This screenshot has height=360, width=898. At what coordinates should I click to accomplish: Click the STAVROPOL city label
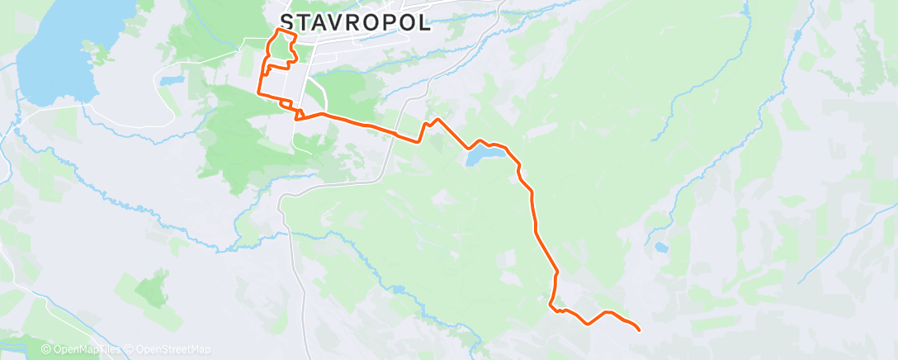tap(355, 22)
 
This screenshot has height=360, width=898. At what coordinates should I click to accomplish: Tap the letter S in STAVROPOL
tap(287, 22)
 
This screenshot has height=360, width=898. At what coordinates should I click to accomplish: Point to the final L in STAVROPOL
tap(423, 22)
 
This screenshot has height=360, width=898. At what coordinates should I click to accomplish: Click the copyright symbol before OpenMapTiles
tap(46, 349)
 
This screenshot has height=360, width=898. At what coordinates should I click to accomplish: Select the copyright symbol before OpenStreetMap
tap(130, 349)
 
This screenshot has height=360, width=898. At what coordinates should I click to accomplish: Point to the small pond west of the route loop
tap(171, 81)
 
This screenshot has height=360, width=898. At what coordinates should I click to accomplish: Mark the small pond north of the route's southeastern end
tap(660, 247)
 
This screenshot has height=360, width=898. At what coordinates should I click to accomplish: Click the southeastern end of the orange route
tap(640, 330)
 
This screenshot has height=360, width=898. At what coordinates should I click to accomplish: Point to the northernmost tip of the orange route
tap(277, 30)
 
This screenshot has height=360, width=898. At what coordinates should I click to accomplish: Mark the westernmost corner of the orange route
tap(260, 92)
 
